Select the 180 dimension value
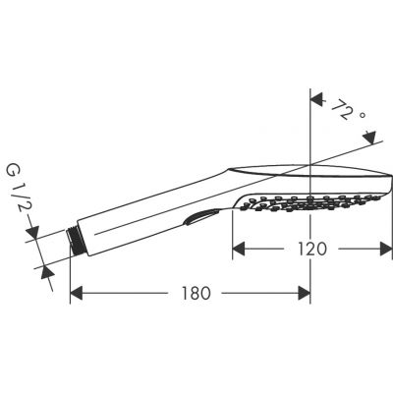coord(196,293)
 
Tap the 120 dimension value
coord(312,250)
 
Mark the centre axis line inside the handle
coord(147,218)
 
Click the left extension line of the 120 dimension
coord(233,231)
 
